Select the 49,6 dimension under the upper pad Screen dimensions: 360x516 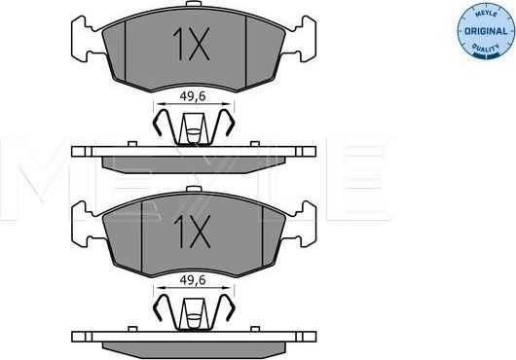[192, 96]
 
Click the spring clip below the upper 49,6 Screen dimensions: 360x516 [192, 126]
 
